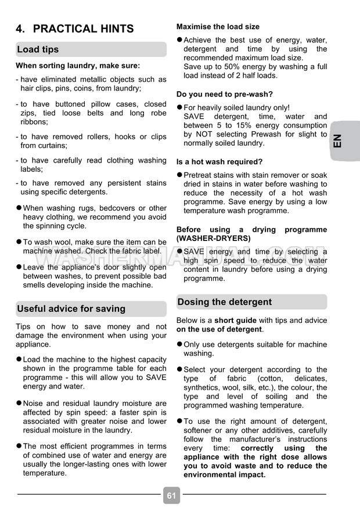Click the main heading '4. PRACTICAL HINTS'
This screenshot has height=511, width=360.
[x=75, y=28]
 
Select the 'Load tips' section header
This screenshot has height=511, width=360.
[x=38, y=49]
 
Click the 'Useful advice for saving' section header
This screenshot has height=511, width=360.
[x=71, y=308]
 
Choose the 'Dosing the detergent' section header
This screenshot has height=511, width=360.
[x=224, y=302]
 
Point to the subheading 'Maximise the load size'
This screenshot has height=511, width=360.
[x=218, y=27]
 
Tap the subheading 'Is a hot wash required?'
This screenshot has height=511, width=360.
[x=219, y=161]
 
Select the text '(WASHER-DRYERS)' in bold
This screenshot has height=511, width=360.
[x=214, y=238]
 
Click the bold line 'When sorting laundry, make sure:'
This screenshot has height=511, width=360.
[x=78, y=66]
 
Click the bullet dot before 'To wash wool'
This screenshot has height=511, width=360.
[x=19, y=242]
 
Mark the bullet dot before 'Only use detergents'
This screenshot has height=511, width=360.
[x=179, y=344]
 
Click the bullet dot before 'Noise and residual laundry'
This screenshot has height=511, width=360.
[x=19, y=403]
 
